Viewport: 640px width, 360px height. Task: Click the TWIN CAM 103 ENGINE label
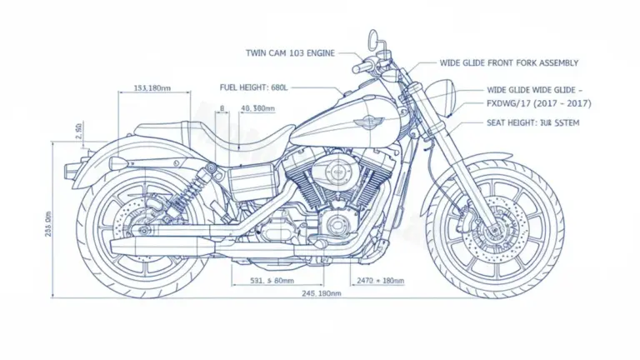(290, 53)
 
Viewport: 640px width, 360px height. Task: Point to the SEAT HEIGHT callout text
(532, 122)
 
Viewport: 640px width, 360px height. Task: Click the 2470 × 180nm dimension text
(379, 281)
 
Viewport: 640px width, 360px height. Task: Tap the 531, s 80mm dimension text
(272, 281)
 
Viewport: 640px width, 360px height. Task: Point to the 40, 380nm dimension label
(257, 108)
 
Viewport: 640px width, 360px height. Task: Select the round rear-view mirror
(373, 39)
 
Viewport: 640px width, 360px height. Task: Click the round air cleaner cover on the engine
(337, 172)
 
